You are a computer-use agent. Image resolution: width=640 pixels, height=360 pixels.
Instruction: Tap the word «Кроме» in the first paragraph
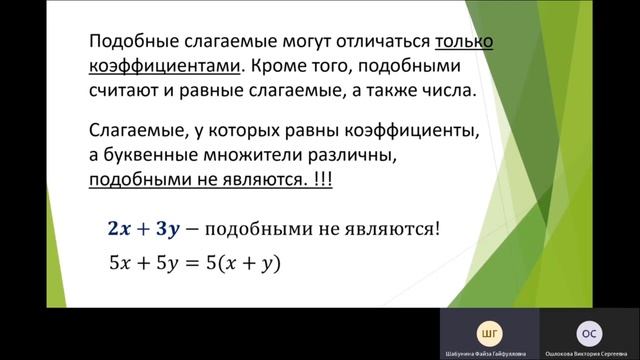pyautogui.click(x=277, y=67)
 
